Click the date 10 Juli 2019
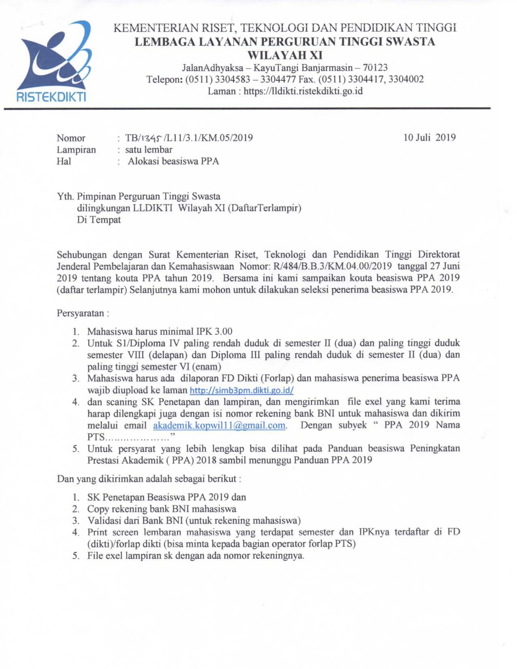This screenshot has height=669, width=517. pyautogui.click(x=429, y=137)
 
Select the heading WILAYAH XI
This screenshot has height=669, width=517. pyautogui.click(x=285, y=55)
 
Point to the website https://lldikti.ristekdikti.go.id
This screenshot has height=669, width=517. pyautogui.click(x=303, y=91)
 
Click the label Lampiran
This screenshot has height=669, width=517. pyautogui.click(x=76, y=150)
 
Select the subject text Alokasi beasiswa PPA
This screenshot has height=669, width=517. pyautogui.click(x=173, y=161)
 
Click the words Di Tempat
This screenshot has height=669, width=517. pyautogui.click(x=99, y=220)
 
